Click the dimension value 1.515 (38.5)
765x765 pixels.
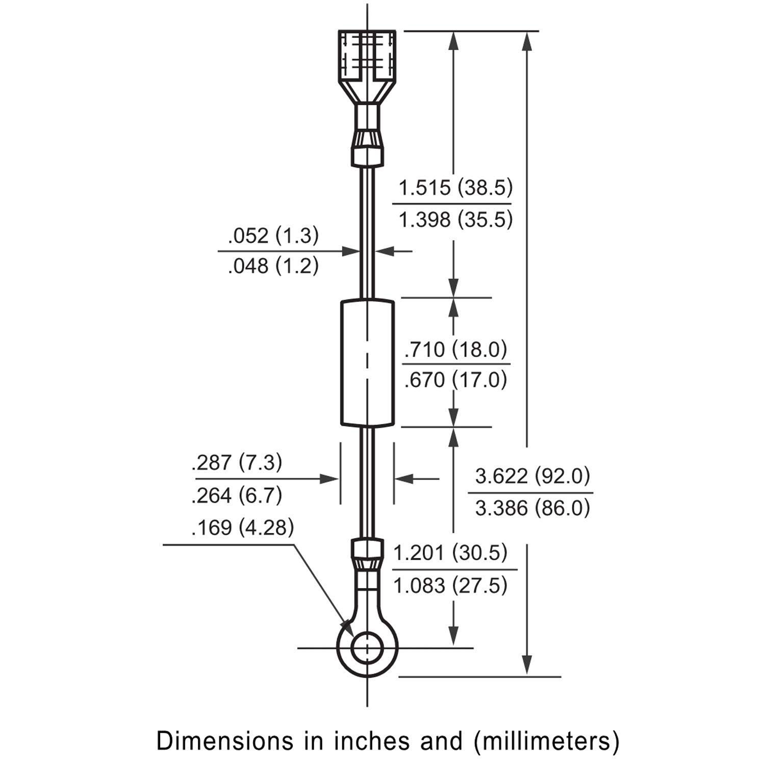pos(455,188)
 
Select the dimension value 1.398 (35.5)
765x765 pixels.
pos(455,220)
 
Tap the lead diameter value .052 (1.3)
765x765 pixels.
pos(273,236)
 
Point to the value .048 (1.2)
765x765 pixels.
pos(273,266)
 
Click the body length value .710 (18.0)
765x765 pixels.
pos(455,349)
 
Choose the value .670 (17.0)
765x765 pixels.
pos(455,379)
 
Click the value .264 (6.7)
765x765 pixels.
pos(237,495)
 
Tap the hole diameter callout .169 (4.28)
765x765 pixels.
pos(243,527)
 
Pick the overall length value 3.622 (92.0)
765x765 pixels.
pos(532,476)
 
